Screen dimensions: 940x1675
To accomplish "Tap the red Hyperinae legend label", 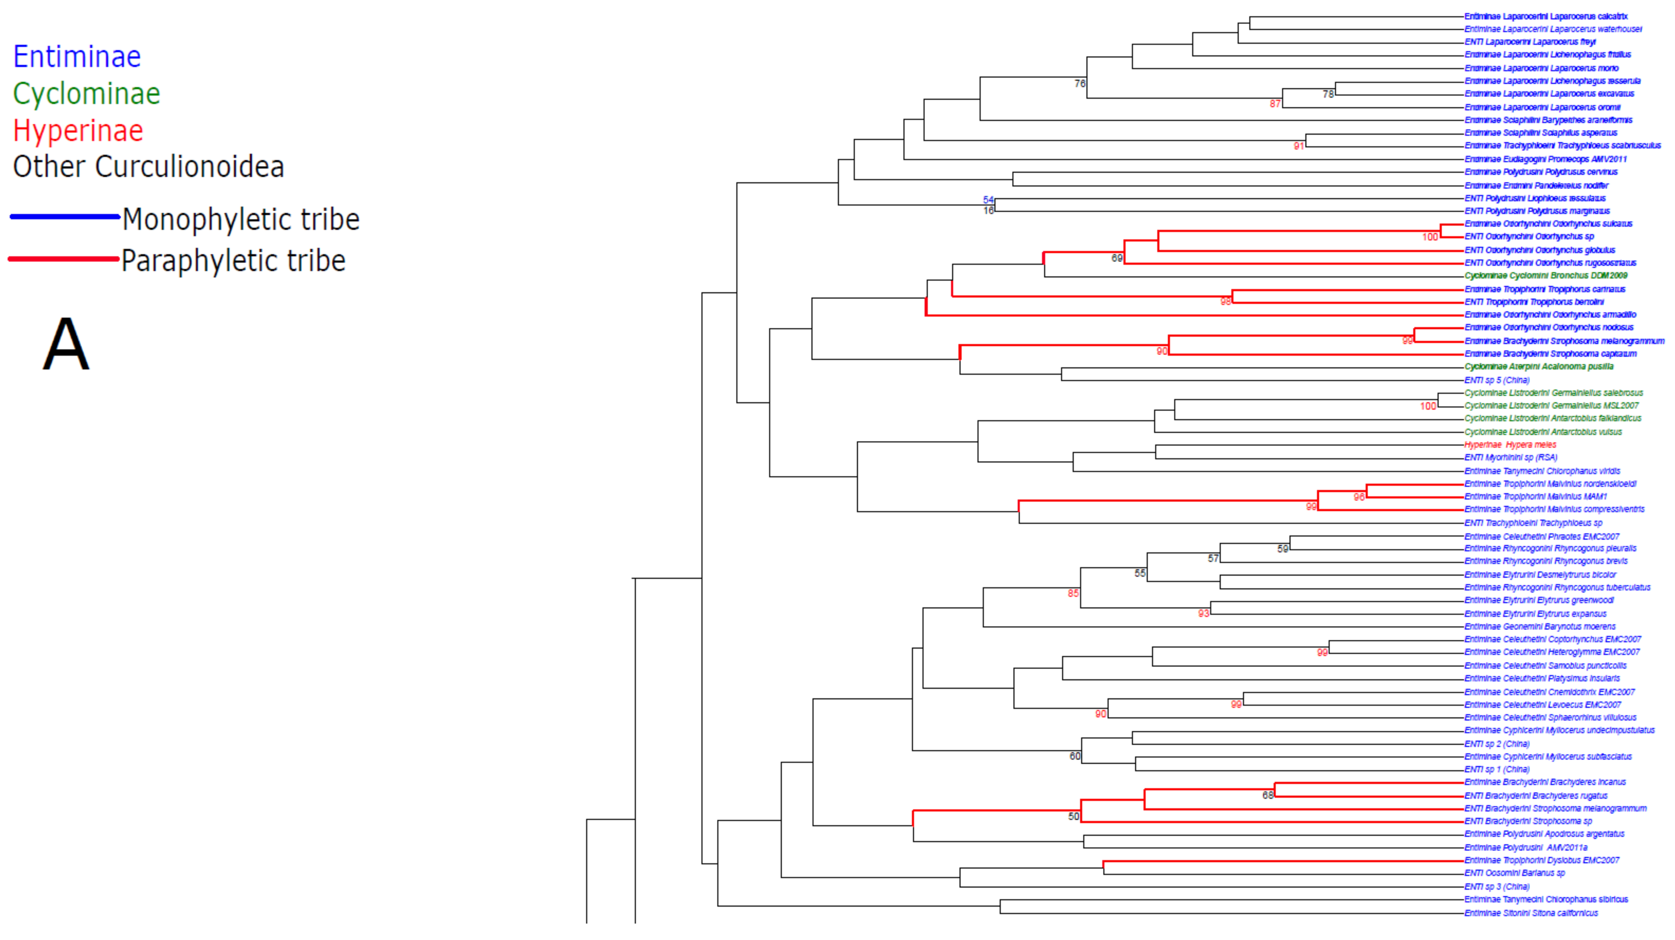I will pyautogui.click(x=78, y=131).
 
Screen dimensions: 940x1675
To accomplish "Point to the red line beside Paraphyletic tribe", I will pyautogui.click(x=64, y=259).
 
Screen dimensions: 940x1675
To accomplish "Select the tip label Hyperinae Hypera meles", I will pyautogui.click(x=1510, y=445).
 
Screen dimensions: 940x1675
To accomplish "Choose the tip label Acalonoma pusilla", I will pyautogui.click(x=1538, y=367).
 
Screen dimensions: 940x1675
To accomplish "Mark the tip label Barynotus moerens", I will pyautogui.click(x=1540, y=627).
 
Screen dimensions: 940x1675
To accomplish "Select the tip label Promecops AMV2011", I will pyautogui.click(x=1545, y=160).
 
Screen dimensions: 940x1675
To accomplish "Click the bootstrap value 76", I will pyautogui.click(x=1079, y=84).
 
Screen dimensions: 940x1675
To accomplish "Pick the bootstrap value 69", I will pyautogui.click(x=1116, y=258).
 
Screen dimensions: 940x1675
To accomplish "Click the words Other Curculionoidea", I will pyautogui.click(x=148, y=167).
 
